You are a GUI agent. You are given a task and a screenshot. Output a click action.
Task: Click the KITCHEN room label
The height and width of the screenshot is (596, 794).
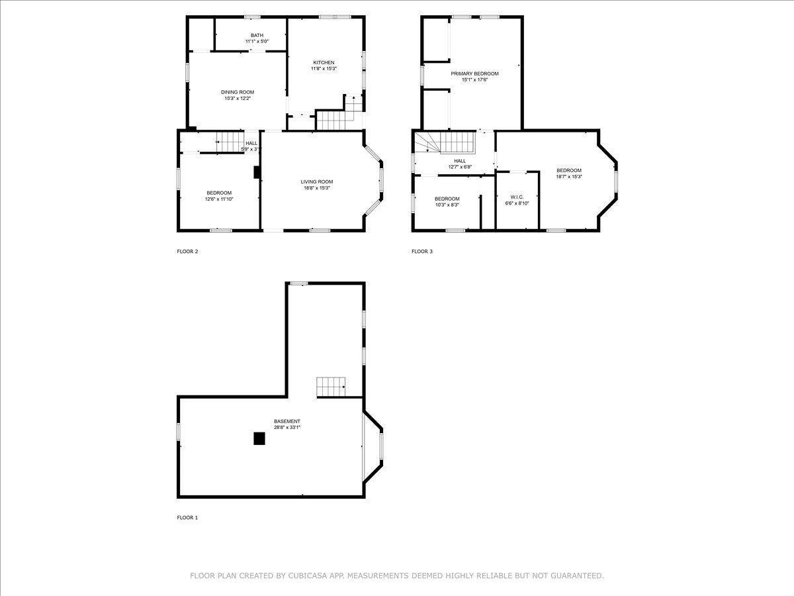click(324, 62)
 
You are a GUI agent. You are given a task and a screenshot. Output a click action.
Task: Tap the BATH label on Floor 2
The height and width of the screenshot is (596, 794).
click(257, 35)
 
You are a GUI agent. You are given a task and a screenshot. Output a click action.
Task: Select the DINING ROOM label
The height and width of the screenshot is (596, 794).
click(237, 92)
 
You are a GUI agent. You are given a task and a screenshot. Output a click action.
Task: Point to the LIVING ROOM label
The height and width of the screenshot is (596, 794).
click(316, 181)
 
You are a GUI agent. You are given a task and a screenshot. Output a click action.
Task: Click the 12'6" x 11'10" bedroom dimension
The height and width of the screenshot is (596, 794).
click(219, 199)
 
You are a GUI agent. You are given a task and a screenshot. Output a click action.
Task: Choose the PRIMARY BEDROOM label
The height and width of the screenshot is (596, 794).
click(474, 74)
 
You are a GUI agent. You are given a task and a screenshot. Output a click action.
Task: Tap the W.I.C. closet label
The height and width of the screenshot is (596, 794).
click(517, 197)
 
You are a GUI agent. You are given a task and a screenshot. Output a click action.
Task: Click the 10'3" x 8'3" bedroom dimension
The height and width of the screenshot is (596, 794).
click(447, 205)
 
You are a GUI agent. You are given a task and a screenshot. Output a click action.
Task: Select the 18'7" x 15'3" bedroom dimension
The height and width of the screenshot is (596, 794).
click(568, 177)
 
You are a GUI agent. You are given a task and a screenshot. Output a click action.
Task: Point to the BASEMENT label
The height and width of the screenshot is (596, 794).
click(287, 421)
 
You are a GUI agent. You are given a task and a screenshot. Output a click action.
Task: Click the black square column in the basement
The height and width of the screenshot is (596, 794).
click(259, 438)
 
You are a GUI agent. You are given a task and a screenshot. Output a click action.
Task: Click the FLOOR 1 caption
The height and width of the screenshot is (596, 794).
click(187, 518)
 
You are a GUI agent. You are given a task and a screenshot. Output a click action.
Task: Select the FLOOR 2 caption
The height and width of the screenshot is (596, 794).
click(187, 252)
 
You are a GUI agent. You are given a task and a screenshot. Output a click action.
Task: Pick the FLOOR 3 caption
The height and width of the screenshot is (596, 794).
click(422, 252)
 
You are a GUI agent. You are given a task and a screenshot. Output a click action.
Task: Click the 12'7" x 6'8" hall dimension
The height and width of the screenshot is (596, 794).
click(459, 167)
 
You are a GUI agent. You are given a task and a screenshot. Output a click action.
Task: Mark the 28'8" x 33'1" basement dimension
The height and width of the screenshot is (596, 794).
click(287, 427)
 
